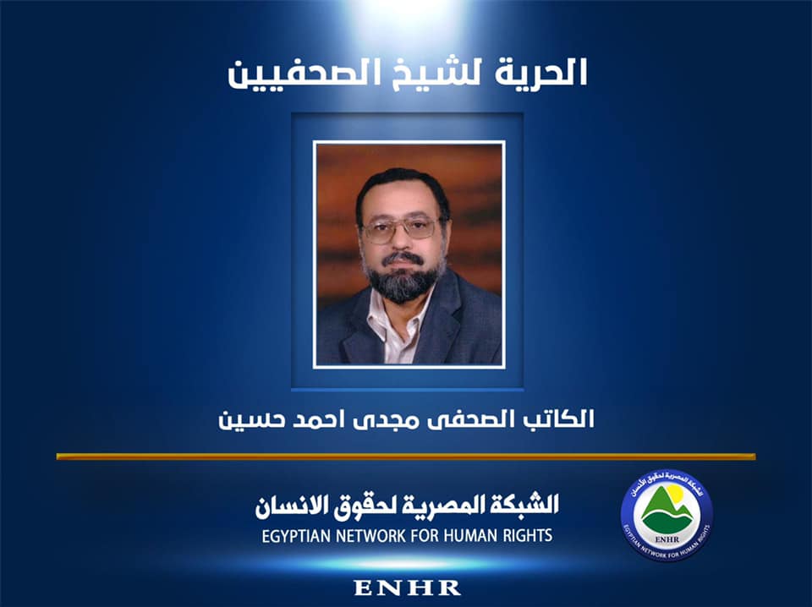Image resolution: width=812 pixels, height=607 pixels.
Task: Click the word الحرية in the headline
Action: [540, 72]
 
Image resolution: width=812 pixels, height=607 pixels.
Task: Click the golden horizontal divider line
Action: [406, 457]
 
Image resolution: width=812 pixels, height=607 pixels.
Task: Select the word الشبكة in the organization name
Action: [526, 506]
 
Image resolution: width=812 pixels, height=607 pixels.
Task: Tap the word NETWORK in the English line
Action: [386, 535]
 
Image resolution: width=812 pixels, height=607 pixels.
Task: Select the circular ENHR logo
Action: [667, 515]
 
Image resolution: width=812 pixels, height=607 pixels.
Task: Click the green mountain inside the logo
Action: [667, 511]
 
